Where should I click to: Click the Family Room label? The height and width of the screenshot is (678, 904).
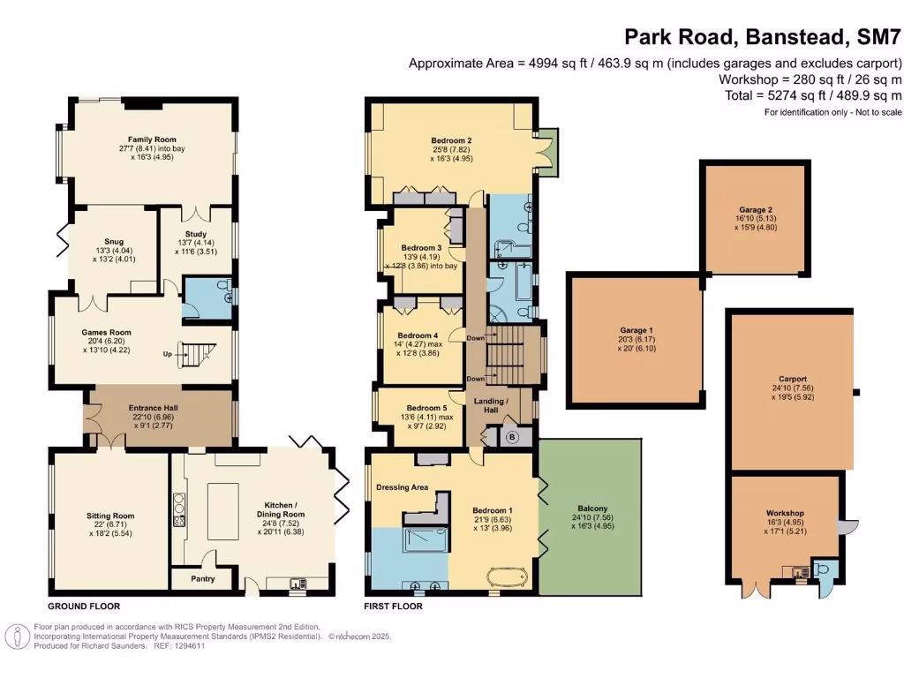(x=152, y=139)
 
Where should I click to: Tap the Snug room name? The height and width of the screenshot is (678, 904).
(x=114, y=242)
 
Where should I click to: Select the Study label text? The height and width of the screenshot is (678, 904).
(x=196, y=234)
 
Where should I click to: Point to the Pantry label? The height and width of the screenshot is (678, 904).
(x=203, y=579)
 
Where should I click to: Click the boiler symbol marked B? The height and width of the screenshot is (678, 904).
(x=512, y=438)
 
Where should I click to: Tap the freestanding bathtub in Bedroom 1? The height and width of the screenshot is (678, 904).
(x=507, y=576)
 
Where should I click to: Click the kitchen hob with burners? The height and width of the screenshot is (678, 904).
(x=178, y=510)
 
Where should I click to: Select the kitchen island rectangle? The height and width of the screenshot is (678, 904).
(x=223, y=511)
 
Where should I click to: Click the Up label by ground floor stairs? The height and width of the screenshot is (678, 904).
(x=167, y=354)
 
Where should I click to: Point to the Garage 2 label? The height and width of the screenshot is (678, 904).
(x=756, y=210)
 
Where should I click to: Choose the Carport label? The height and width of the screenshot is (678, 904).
(x=793, y=379)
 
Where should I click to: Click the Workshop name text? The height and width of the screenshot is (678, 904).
(x=785, y=513)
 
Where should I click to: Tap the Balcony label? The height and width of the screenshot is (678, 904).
(x=592, y=508)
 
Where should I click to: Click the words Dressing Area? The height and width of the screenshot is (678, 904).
(x=402, y=487)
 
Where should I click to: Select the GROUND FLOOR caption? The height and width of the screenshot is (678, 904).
(x=84, y=606)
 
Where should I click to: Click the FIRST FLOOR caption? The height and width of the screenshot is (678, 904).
(x=393, y=606)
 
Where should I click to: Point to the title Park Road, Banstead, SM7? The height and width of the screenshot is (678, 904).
(x=762, y=37)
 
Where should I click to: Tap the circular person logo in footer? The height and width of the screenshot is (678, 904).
(x=18, y=637)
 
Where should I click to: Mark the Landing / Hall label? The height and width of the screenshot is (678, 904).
(x=491, y=405)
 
